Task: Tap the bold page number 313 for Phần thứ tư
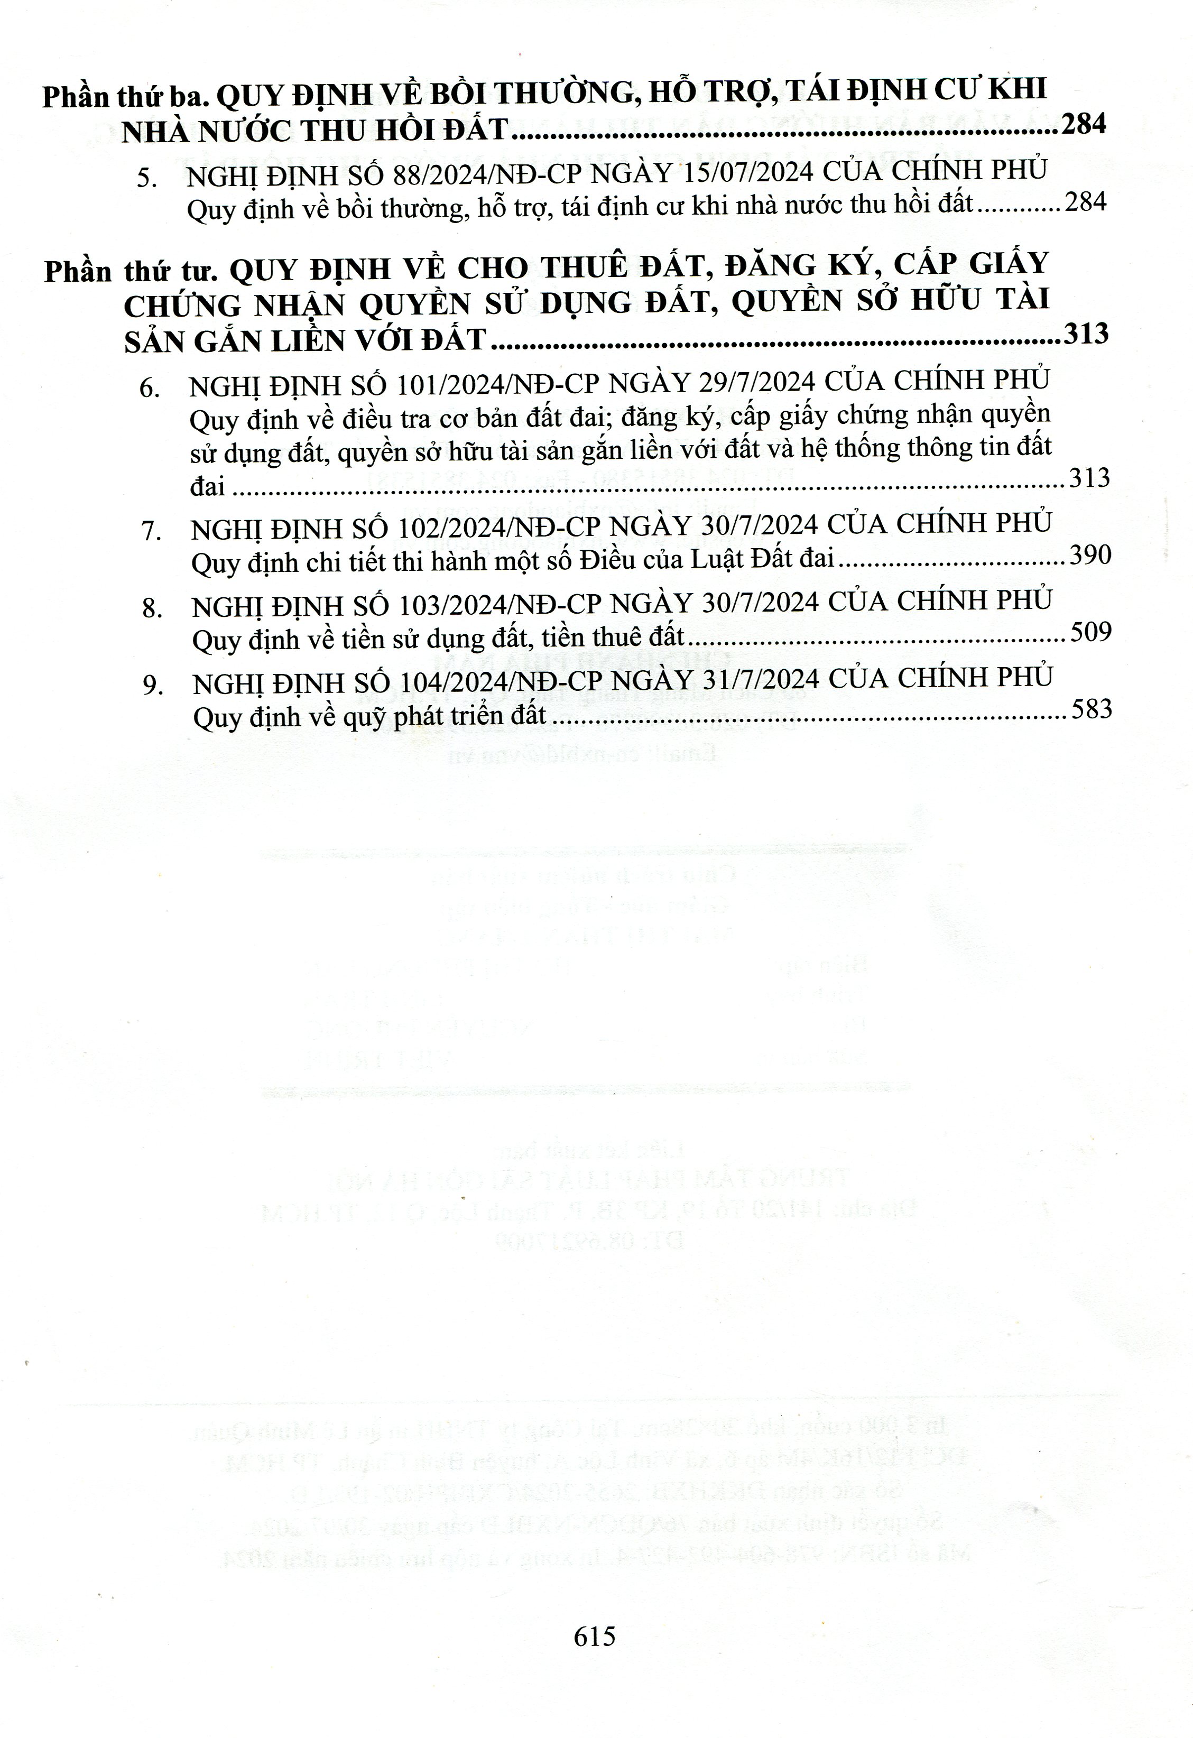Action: pos(1085,334)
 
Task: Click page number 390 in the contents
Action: pos(1090,555)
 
